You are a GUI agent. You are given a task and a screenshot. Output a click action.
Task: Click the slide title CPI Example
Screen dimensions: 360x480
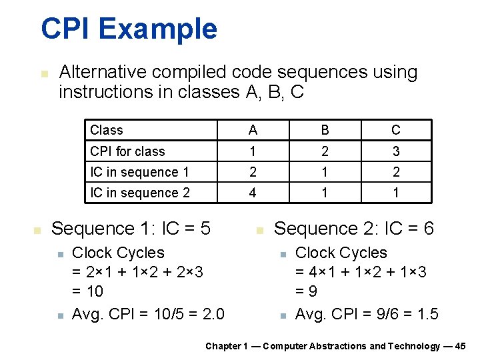129,29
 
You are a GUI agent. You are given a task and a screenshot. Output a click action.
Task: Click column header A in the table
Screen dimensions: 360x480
253,130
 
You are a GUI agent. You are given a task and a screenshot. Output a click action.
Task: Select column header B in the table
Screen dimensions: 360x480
324,130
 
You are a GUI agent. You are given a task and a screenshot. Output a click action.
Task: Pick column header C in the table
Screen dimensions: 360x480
396,130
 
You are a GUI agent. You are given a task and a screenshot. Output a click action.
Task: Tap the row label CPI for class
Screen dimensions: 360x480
127,151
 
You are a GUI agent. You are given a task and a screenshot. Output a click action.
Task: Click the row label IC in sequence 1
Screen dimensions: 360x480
139,172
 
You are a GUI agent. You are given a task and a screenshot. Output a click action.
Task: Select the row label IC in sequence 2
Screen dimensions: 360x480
140,193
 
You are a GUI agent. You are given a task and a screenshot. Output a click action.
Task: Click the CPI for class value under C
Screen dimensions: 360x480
396,151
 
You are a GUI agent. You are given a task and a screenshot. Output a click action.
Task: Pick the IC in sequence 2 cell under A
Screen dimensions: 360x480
253,193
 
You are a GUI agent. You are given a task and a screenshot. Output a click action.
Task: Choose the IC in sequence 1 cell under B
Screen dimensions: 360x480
324,172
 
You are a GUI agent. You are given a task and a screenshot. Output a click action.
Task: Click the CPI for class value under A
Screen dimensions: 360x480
253,151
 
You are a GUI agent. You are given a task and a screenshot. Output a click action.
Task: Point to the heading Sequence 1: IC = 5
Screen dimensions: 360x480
131,229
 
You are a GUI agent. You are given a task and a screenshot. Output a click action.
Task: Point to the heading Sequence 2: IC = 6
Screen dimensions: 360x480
354,229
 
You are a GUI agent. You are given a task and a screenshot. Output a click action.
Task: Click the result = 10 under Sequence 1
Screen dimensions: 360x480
87,291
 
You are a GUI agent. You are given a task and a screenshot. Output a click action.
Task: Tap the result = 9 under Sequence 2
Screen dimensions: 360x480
306,291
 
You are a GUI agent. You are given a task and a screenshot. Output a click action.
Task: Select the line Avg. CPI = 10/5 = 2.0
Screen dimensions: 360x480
148,313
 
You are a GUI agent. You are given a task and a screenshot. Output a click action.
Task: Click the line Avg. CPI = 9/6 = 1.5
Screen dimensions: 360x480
367,313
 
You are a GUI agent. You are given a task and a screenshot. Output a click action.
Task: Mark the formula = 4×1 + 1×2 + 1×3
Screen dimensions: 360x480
361,272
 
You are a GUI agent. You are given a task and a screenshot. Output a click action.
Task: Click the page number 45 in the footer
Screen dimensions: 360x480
460,346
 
